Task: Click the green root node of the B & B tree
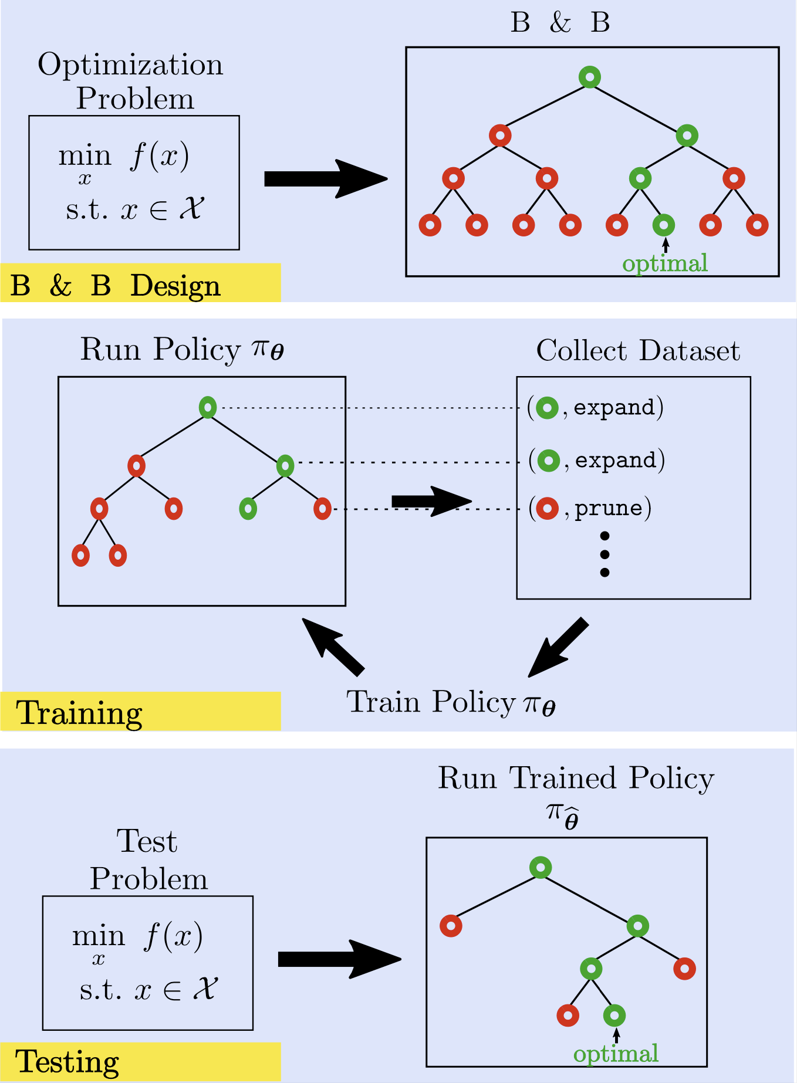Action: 589,77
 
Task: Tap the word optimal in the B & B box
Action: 664,263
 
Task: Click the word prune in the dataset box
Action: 608,508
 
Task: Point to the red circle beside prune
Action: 547,508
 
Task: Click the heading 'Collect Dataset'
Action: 638,351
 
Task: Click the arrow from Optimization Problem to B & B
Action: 326,179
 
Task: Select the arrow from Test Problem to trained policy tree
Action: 339,959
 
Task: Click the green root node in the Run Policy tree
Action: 208,407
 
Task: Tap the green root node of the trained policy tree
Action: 540,867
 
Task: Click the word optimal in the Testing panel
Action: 616,1054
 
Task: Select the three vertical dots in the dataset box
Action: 604,554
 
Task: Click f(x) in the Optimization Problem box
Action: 160,156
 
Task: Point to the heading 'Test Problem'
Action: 148,859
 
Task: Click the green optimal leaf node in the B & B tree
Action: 663,225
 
